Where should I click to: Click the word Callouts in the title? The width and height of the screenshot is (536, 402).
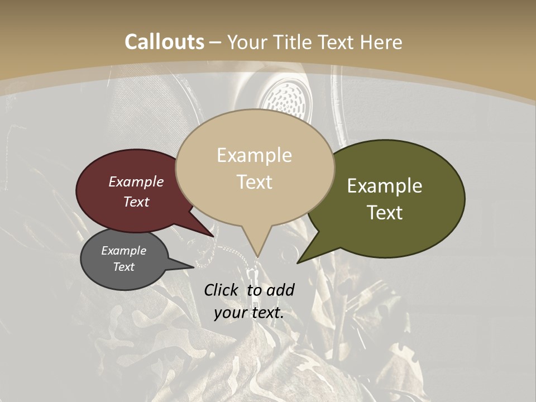click(x=164, y=42)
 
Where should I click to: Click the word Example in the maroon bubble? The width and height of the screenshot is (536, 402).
click(x=136, y=181)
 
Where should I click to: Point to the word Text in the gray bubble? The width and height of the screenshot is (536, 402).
click(x=124, y=267)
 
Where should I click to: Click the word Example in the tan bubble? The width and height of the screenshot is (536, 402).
click(x=254, y=155)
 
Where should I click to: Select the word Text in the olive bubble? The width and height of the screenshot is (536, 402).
click(x=385, y=213)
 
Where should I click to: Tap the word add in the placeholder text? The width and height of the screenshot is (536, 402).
click(x=280, y=290)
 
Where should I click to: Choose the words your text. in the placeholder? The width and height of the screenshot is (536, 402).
click(x=249, y=313)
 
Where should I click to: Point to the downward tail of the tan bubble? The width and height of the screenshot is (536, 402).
click(x=257, y=248)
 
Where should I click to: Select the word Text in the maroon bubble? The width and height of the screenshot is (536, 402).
click(x=136, y=202)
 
